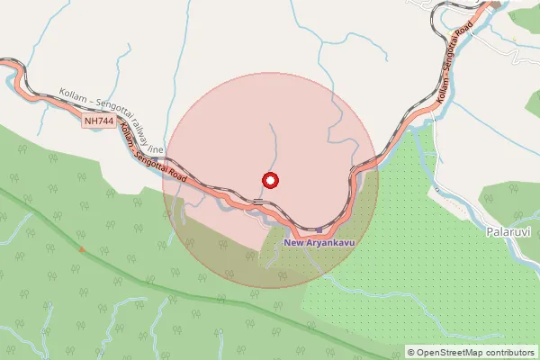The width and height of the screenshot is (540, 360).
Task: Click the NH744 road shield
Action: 98,120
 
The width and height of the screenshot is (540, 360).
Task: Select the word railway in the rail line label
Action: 137,131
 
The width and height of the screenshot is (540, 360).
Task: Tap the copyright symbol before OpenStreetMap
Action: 411,352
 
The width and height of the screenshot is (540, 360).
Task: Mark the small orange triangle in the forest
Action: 81,248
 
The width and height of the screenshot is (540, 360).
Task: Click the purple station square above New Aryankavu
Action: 318,230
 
